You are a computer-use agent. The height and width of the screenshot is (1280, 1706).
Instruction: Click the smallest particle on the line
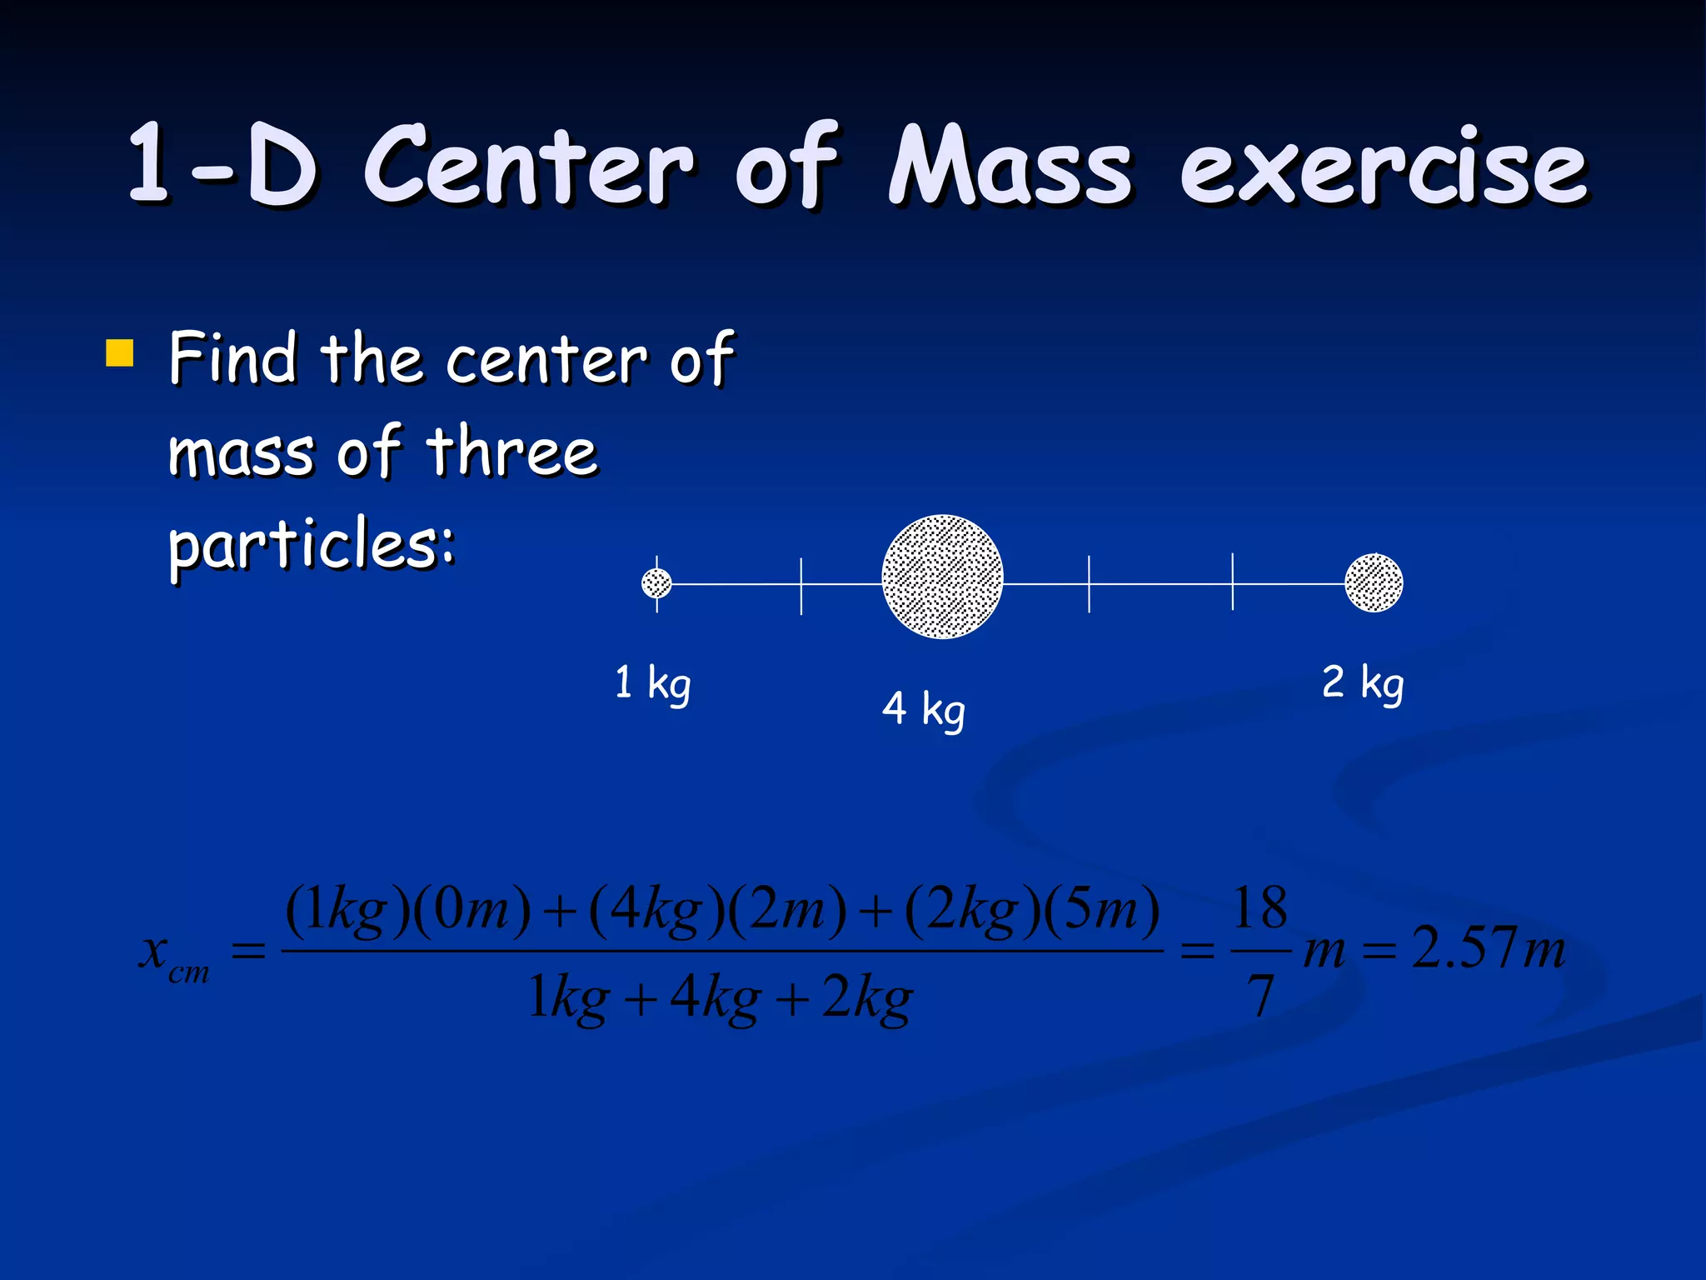pyautogui.click(x=656, y=583)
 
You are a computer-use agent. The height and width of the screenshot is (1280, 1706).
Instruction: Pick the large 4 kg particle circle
pyautogui.click(x=942, y=577)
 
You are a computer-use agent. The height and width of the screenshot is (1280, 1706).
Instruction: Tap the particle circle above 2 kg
pyautogui.click(x=1374, y=582)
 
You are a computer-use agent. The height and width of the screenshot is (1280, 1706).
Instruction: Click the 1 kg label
pyautogui.click(x=652, y=683)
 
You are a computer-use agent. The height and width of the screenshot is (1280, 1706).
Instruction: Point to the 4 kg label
pyautogui.click(x=923, y=709)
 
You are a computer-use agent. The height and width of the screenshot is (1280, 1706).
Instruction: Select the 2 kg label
pyautogui.click(x=1362, y=682)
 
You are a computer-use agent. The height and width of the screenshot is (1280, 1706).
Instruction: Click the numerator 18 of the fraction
pyautogui.click(x=1260, y=908)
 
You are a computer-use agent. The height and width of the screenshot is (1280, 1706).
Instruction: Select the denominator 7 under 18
pyautogui.click(x=1260, y=997)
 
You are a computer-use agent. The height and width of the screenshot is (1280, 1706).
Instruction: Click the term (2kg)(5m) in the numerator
pyautogui.click(x=1032, y=910)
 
